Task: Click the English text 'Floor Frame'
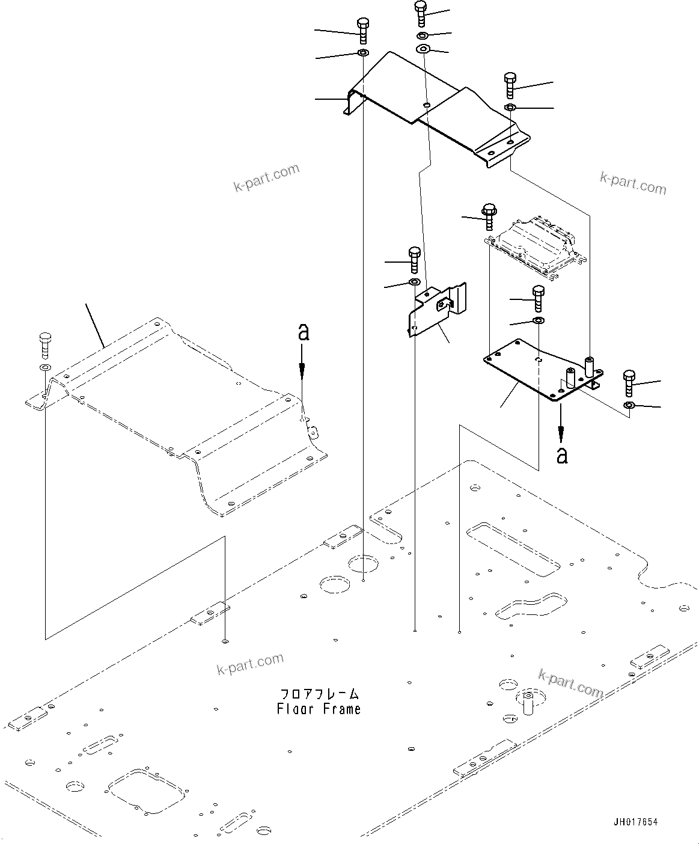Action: coord(319,709)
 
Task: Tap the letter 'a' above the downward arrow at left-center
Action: coord(304,332)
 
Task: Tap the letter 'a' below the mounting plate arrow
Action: coord(561,455)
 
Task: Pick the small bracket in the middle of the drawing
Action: coord(438,310)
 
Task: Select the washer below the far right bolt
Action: coord(629,406)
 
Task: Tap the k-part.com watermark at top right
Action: coord(633,183)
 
